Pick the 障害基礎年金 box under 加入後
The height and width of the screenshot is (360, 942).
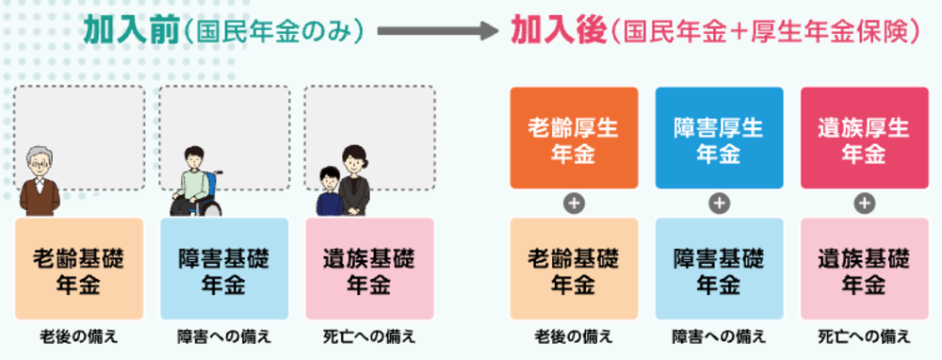[719, 269]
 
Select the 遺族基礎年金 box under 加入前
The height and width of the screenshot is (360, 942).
[368, 269]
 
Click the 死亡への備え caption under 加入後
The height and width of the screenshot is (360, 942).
[864, 336]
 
